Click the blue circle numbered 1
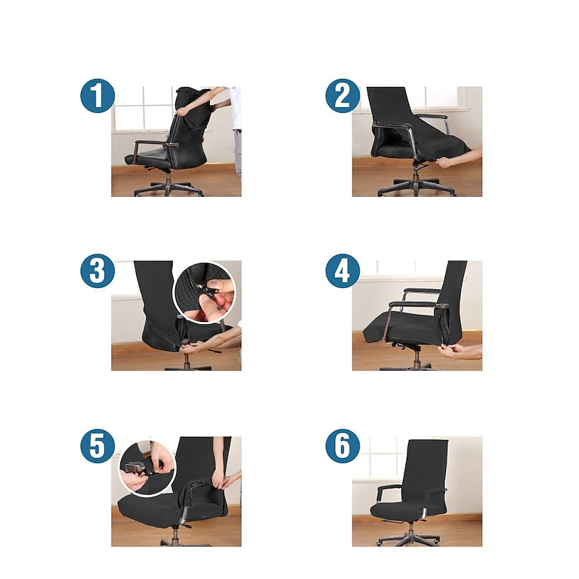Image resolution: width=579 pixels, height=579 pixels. [x=97, y=96]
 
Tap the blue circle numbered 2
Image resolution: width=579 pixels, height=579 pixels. [x=342, y=96]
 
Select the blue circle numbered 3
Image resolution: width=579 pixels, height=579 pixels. [x=97, y=273]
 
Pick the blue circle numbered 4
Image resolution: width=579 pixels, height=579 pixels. [x=342, y=273]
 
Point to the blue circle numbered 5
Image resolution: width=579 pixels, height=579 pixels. [x=97, y=447]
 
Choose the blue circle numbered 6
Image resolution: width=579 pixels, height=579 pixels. [x=342, y=447]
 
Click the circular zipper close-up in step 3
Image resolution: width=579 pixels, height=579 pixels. [x=204, y=293]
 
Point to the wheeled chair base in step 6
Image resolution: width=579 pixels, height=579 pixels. [x=409, y=538]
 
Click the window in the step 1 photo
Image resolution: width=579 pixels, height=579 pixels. [x=142, y=109]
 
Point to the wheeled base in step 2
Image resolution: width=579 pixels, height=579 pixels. [x=416, y=187]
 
